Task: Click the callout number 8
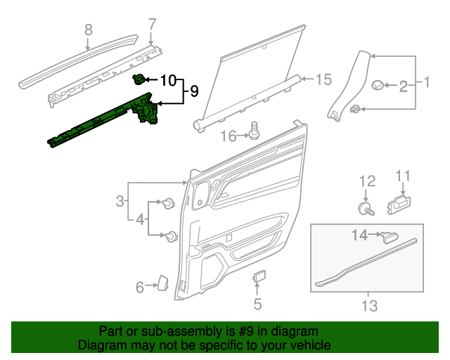click(x=88, y=30)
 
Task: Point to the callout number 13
click(x=369, y=306)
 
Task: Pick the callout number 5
click(x=257, y=304)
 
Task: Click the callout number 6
click(x=139, y=286)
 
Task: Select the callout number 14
click(x=359, y=235)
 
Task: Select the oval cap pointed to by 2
click(x=378, y=86)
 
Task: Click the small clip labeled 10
click(x=139, y=80)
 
